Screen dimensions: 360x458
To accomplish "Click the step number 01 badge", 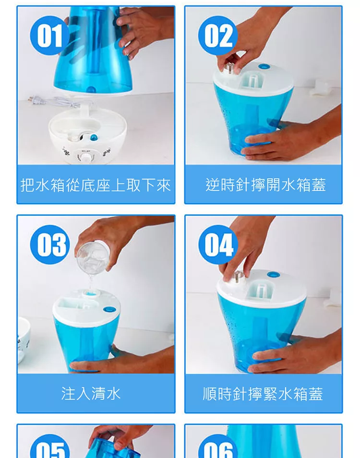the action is [49, 36].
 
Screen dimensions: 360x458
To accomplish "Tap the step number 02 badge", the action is [218, 36].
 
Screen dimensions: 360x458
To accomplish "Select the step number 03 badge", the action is [50, 244].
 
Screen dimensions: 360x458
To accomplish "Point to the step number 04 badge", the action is [218, 244].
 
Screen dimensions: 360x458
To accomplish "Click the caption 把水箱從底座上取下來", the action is [96, 185].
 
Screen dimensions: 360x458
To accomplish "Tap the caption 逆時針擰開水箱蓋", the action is [265, 185].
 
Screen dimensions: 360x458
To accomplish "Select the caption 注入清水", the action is [91, 394].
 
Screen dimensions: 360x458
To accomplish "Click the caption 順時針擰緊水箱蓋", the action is [263, 394].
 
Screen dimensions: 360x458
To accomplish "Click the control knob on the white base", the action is [86, 158].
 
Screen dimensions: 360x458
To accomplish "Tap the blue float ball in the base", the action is [94, 137].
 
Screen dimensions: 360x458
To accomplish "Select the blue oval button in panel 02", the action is [264, 67].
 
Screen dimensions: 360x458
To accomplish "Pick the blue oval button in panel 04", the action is [273, 275].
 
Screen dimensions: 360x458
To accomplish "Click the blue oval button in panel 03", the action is [108, 309].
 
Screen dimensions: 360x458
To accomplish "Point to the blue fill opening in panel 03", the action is [91, 293].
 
